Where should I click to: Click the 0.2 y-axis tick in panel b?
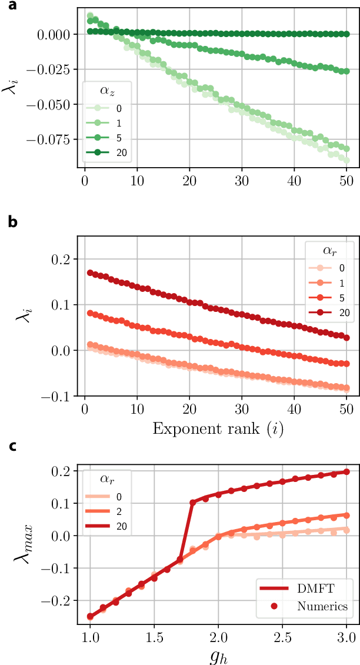pyautogui.click(x=66, y=259)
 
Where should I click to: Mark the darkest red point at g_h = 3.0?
pyautogui.click(x=346, y=471)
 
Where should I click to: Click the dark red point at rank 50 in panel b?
pyautogui.click(x=346, y=336)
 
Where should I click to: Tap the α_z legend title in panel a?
pyautogui.click(x=106, y=92)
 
